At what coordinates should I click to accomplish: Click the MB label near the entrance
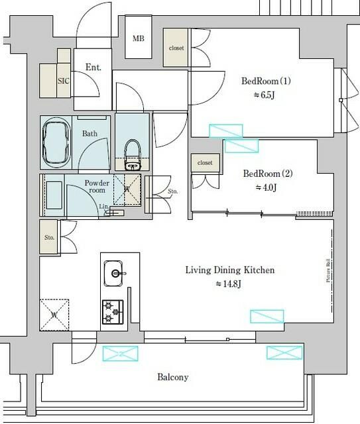[139, 38]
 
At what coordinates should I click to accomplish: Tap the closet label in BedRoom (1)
[176, 48]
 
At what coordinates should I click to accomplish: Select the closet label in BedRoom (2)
[205, 162]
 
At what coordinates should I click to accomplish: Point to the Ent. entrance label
[93, 68]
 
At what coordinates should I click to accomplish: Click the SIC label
[64, 81]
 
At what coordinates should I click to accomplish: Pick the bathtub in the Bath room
[59, 143]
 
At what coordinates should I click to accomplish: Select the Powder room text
[96, 186]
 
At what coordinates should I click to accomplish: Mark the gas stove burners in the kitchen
[112, 311]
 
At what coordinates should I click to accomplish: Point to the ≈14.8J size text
[229, 284]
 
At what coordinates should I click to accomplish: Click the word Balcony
[173, 377]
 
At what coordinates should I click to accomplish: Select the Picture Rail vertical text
[328, 272]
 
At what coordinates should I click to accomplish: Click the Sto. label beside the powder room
[172, 192]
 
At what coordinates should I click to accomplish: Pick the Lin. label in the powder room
[103, 207]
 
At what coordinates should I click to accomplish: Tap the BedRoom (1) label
[267, 81]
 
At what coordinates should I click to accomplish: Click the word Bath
[90, 134]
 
